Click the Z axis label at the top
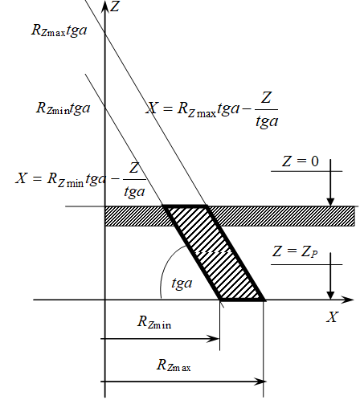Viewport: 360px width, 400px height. pos(115,6)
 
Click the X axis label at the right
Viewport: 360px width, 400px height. pos(333,317)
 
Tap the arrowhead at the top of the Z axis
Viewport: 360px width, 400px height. pos(105,6)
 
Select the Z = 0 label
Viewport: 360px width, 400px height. pos(301,161)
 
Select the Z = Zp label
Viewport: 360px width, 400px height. pos(295,251)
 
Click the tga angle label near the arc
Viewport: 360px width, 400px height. pos(182,283)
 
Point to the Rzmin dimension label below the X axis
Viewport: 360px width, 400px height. pos(154,322)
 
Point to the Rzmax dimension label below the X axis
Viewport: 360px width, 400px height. pos(174,365)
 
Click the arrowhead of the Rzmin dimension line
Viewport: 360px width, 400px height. pos(215,339)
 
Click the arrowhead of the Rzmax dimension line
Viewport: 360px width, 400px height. pos(260,382)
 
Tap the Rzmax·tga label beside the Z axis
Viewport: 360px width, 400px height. pos(59,30)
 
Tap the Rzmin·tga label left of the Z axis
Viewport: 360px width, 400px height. pos(63,108)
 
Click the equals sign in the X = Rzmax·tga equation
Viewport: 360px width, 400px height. pos(167,108)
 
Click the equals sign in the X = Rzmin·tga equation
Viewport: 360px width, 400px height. pos(37,178)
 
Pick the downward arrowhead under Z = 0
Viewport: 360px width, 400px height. pos(330,202)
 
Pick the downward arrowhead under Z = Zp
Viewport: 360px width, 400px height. pos(330,295)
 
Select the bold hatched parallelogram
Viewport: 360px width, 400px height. pos(214,252)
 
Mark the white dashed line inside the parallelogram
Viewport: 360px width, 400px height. pos(214,252)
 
